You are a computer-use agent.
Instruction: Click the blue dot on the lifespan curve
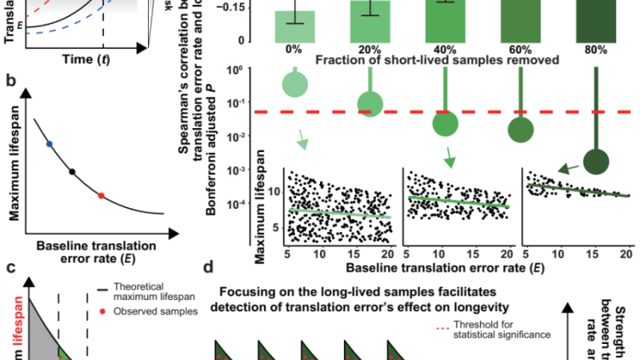50,144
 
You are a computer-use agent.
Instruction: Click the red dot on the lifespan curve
102,195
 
